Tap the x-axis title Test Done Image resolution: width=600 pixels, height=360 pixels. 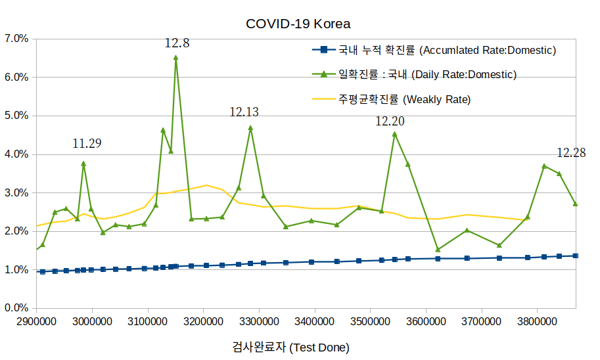(290, 347)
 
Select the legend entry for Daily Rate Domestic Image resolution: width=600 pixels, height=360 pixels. (427, 74)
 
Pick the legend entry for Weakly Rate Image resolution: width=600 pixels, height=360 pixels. (405, 99)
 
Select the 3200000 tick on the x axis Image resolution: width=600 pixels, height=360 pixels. (203, 321)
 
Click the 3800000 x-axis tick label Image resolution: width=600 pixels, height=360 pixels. (538, 321)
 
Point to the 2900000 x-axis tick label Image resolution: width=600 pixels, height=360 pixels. (36, 321)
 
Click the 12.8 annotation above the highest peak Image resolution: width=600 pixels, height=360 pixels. (177, 43)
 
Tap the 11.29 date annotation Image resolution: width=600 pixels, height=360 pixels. (87, 143)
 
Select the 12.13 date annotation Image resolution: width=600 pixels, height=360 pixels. (244, 112)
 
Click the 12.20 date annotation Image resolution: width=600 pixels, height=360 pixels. (390, 121)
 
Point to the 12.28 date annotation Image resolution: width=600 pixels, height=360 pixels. (571, 153)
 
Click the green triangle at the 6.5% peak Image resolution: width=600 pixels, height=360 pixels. (175, 58)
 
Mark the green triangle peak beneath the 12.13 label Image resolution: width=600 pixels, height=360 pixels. (250, 127)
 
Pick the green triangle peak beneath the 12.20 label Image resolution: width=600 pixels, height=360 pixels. (394, 134)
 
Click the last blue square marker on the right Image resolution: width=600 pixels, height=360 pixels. (575, 256)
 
